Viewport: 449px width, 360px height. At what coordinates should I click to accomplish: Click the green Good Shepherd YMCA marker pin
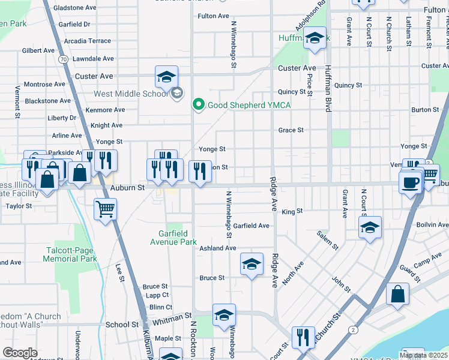[199, 105]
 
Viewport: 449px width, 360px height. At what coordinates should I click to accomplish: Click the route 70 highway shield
[62, 59]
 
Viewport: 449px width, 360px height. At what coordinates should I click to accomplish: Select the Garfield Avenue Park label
[173, 238]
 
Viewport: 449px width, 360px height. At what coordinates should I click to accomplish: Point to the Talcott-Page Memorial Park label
[71, 254]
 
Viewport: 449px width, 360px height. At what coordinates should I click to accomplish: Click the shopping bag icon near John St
[397, 295]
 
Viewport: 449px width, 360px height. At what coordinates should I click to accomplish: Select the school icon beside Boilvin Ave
[370, 227]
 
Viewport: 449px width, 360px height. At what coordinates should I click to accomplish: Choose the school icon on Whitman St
[224, 315]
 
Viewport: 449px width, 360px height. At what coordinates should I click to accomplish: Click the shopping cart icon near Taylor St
[105, 209]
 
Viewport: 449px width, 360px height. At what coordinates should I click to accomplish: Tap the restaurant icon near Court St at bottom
[303, 337]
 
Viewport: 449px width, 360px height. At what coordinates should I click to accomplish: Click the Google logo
[20, 353]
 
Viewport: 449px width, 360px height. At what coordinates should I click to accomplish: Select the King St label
[292, 212]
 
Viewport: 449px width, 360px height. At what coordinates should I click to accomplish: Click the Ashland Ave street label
[218, 248]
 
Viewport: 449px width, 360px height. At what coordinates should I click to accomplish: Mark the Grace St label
[291, 130]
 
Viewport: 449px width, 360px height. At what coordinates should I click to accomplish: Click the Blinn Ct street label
[160, 307]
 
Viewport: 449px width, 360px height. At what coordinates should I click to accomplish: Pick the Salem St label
[328, 242]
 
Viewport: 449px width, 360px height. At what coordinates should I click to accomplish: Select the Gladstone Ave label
[74, 8]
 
